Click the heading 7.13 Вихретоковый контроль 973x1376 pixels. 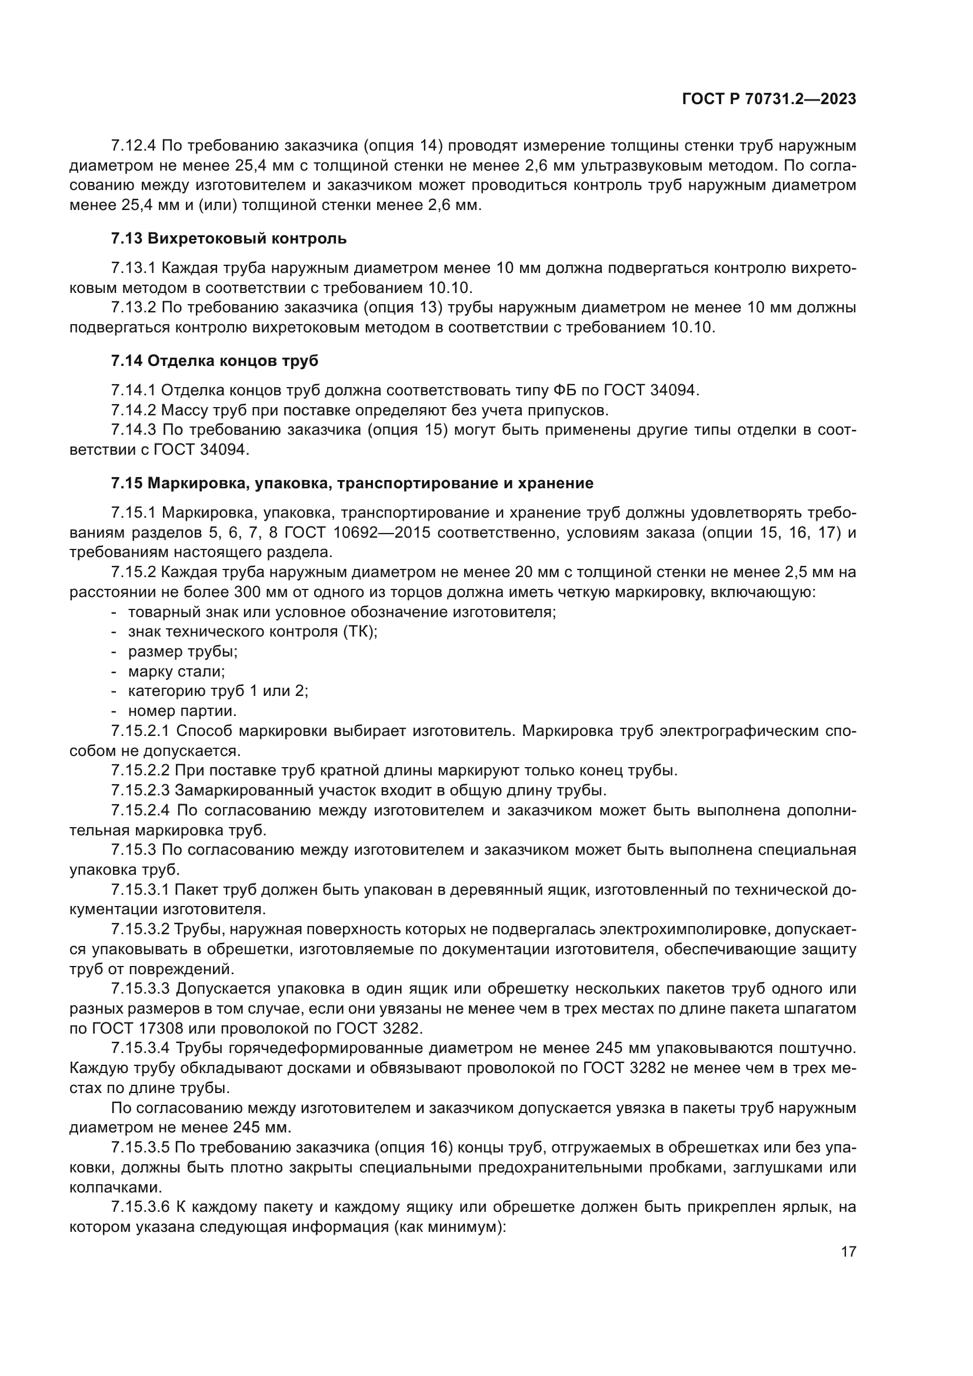pyautogui.click(x=228, y=238)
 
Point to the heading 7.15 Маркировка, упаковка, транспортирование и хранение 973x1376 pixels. pyautogui.click(x=352, y=483)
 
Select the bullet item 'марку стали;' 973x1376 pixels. pyautogui.click(x=176, y=671)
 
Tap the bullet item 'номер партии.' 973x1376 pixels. pyautogui.click(x=182, y=711)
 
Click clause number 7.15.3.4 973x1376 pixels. pyautogui.click(x=141, y=1048)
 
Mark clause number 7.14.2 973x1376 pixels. pyautogui.click(x=134, y=411)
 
